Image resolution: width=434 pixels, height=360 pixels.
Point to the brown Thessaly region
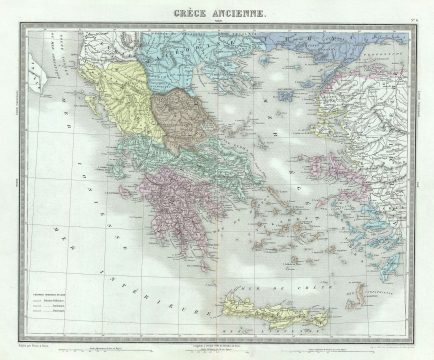pos(181,111)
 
